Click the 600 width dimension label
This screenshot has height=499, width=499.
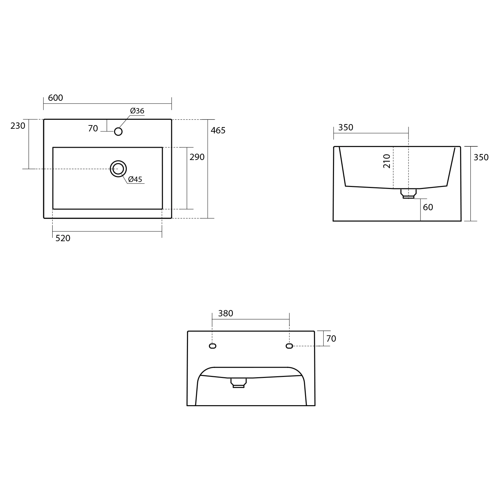(56, 98)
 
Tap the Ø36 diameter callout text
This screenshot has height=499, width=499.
(137, 111)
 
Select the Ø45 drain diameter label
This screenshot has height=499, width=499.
(135, 179)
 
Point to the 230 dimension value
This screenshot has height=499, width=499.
(18, 126)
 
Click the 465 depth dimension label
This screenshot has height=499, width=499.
(218, 130)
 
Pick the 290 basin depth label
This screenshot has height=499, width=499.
(197, 157)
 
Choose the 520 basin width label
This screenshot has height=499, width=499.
(63, 238)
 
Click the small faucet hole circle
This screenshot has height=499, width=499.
(118, 131)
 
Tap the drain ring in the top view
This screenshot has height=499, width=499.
(118, 161)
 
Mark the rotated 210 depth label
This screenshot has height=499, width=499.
(387, 161)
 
